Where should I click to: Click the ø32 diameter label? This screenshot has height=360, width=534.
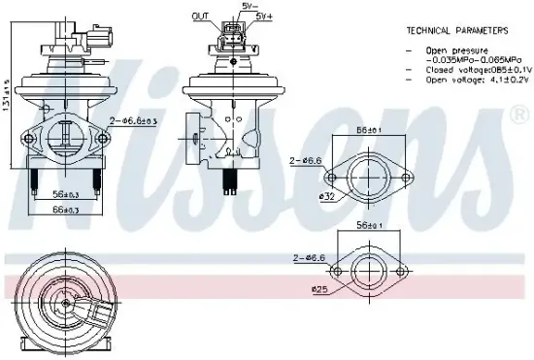[x=329, y=198]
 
